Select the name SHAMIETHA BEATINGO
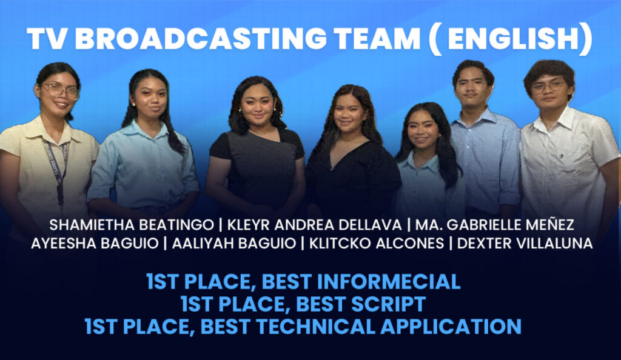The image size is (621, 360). [x=131, y=225]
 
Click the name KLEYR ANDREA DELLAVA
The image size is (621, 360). [x=314, y=225]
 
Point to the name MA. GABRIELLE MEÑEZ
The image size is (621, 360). [x=495, y=225]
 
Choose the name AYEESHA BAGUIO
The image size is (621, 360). [x=95, y=243]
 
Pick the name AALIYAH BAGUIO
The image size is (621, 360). [x=234, y=243]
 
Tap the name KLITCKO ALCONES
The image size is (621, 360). [x=377, y=243]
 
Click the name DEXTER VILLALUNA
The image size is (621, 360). [x=525, y=243]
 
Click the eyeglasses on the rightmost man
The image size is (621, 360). [x=548, y=86]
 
